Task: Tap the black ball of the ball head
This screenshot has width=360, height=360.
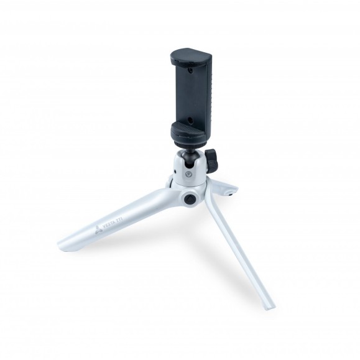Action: point(190,156)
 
